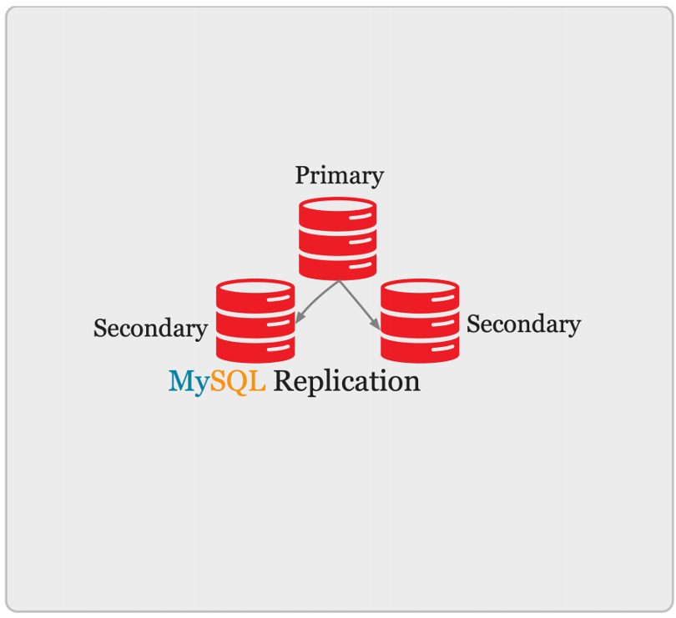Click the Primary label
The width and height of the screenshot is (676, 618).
(x=339, y=176)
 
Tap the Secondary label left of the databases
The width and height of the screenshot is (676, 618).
(x=150, y=329)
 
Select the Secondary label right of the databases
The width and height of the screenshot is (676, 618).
(x=523, y=324)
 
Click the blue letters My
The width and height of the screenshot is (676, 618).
(x=189, y=382)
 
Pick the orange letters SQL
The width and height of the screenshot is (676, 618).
(x=238, y=382)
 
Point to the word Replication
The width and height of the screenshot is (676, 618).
(x=346, y=382)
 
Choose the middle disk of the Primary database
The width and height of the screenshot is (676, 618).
(x=337, y=242)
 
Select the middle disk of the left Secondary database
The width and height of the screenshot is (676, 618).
(x=255, y=324)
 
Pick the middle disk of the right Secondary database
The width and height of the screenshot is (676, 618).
(x=420, y=324)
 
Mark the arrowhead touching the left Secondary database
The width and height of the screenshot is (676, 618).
(x=299, y=319)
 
